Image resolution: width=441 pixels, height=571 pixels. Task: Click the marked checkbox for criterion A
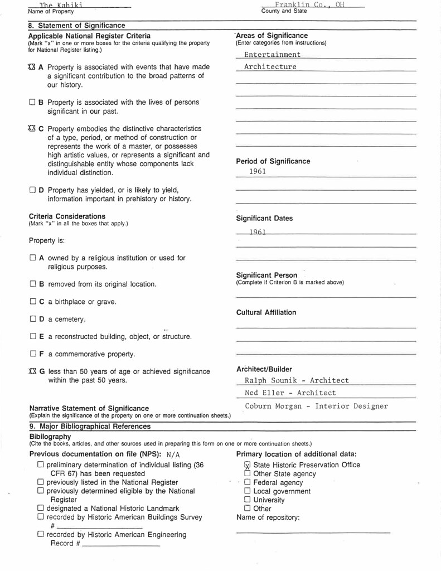[31, 67]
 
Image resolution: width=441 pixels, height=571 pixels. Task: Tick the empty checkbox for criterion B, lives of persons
[32, 103]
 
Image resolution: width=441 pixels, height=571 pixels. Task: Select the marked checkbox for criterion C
[31, 129]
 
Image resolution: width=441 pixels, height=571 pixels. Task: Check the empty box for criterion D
[32, 190]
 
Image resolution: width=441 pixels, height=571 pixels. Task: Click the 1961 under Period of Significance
[258, 172]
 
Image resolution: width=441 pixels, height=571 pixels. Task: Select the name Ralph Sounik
[266, 380]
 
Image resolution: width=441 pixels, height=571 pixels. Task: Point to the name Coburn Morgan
[270, 406]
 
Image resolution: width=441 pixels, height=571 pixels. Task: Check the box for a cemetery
[32, 320]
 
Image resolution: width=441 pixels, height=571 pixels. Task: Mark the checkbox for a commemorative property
[32, 354]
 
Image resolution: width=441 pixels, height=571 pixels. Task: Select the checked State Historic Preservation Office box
[248, 465]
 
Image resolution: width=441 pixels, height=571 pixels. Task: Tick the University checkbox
[248, 500]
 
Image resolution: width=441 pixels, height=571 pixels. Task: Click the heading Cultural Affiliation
[266, 312]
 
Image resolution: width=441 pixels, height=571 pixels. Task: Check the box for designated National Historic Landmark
[40, 508]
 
